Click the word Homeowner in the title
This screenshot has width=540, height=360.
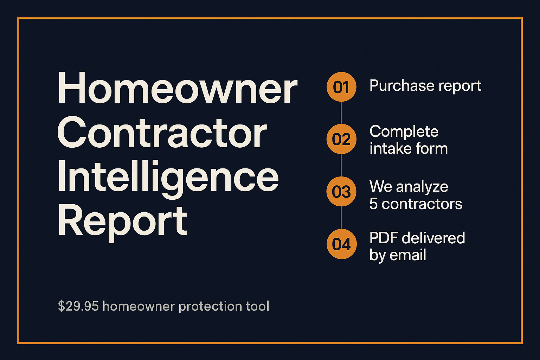tap(178, 88)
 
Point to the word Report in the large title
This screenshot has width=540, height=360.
tap(122, 223)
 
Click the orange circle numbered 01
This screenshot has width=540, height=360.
tap(341, 87)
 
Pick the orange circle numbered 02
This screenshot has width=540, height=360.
tap(341, 139)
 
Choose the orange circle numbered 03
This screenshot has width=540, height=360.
tap(341, 192)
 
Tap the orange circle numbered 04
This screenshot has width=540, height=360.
tap(341, 244)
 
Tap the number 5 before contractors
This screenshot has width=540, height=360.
tap(373, 204)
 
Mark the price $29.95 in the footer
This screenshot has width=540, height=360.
tap(78, 306)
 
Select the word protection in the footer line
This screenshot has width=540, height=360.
tap(211, 307)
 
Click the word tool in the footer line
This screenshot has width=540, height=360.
tap(257, 306)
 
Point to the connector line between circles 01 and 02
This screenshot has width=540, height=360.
tap(341, 113)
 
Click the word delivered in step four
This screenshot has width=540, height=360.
tap(433, 238)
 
